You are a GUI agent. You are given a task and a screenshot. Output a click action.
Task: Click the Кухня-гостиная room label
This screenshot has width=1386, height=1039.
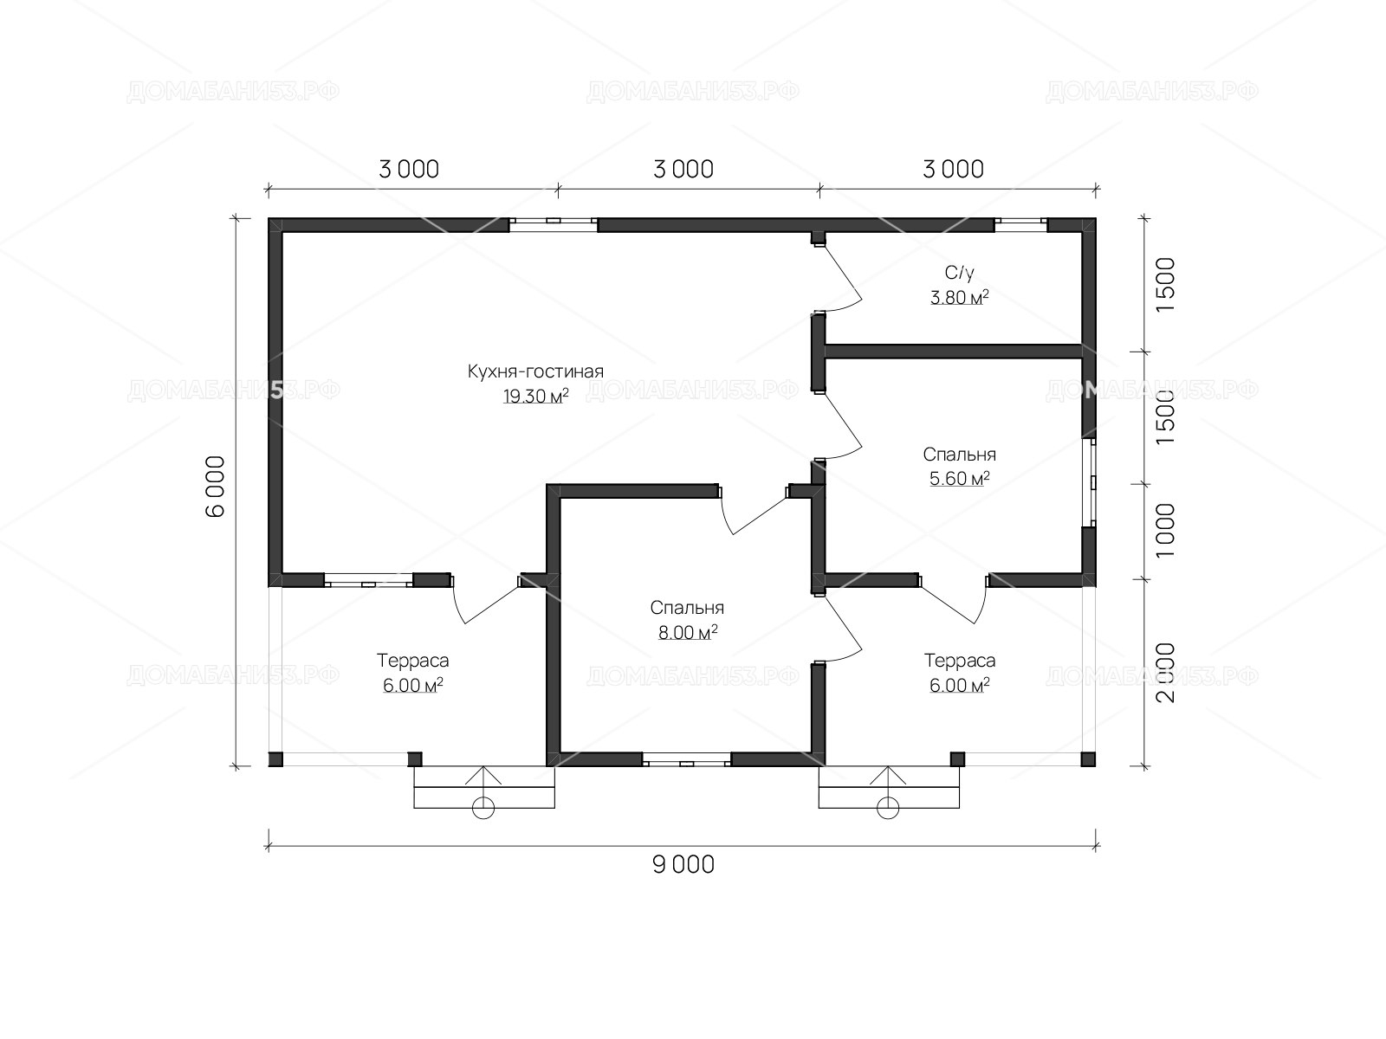(x=535, y=371)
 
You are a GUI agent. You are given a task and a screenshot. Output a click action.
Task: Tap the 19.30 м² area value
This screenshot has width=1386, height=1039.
(x=535, y=397)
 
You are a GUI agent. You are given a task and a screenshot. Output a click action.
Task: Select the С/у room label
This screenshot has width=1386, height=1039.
(x=959, y=273)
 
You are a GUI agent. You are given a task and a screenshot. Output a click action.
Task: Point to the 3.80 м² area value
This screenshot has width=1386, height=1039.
(x=959, y=297)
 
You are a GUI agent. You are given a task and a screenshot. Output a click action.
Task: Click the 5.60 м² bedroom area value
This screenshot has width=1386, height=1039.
(x=959, y=479)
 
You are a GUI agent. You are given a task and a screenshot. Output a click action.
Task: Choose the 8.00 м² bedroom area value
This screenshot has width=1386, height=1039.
(x=688, y=632)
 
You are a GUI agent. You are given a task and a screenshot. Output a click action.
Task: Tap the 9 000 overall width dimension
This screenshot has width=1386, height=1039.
(x=683, y=865)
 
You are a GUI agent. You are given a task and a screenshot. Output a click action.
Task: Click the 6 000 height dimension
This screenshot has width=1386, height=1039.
(x=216, y=487)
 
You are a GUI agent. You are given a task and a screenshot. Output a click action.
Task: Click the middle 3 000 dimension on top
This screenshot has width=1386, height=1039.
(x=683, y=170)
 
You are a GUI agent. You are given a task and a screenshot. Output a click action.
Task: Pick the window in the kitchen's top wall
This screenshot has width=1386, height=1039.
(x=554, y=224)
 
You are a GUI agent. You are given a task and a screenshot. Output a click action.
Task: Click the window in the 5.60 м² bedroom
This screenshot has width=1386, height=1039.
(x=1091, y=482)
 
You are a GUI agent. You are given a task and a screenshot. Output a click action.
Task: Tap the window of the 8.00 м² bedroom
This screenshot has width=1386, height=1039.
(x=687, y=759)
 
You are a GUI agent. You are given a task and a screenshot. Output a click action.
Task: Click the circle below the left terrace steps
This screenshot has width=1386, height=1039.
(x=483, y=808)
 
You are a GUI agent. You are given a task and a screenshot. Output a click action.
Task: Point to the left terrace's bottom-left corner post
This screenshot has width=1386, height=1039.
(x=275, y=759)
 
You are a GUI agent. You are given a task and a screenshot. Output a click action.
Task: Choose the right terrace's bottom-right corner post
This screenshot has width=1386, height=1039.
(x=1088, y=759)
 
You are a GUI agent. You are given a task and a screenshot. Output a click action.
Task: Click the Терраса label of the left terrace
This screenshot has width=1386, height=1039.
(x=413, y=661)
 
